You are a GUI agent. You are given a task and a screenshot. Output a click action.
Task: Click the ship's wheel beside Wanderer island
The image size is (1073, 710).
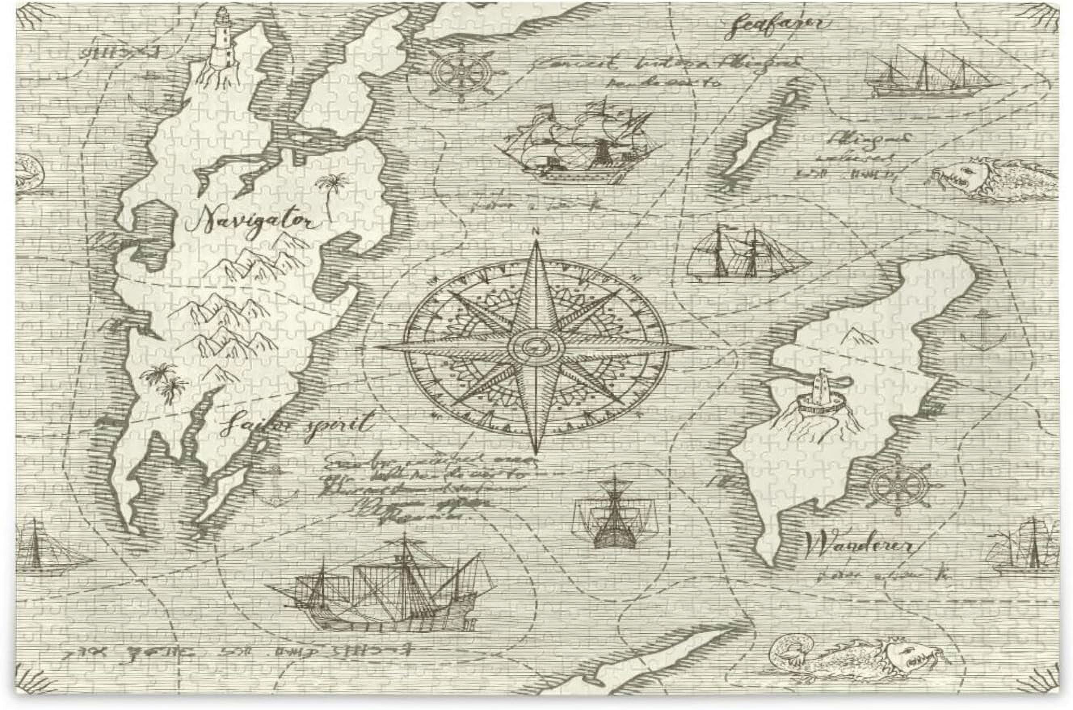click(899, 487)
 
